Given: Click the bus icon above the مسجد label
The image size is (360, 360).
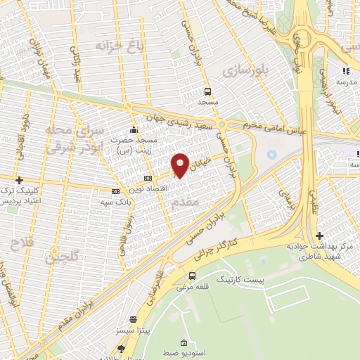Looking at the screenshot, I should [x=207, y=91].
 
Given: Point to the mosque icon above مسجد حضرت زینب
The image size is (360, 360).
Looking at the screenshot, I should [x=134, y=130].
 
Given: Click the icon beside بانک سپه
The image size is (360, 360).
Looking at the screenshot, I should [x=115, y=191].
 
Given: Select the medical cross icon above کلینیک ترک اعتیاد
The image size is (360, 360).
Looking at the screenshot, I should [x=19, y=180].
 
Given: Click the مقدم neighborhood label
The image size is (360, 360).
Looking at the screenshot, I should [x=186, y=202].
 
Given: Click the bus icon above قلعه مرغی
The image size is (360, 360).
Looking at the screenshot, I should [x=193, y=275].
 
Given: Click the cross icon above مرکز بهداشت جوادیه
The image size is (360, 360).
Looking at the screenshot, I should [x=319, y=236].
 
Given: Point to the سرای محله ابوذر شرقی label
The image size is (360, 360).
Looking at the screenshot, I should [x=75, y=139].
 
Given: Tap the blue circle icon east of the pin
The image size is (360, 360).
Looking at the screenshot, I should [x=273, y=154].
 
